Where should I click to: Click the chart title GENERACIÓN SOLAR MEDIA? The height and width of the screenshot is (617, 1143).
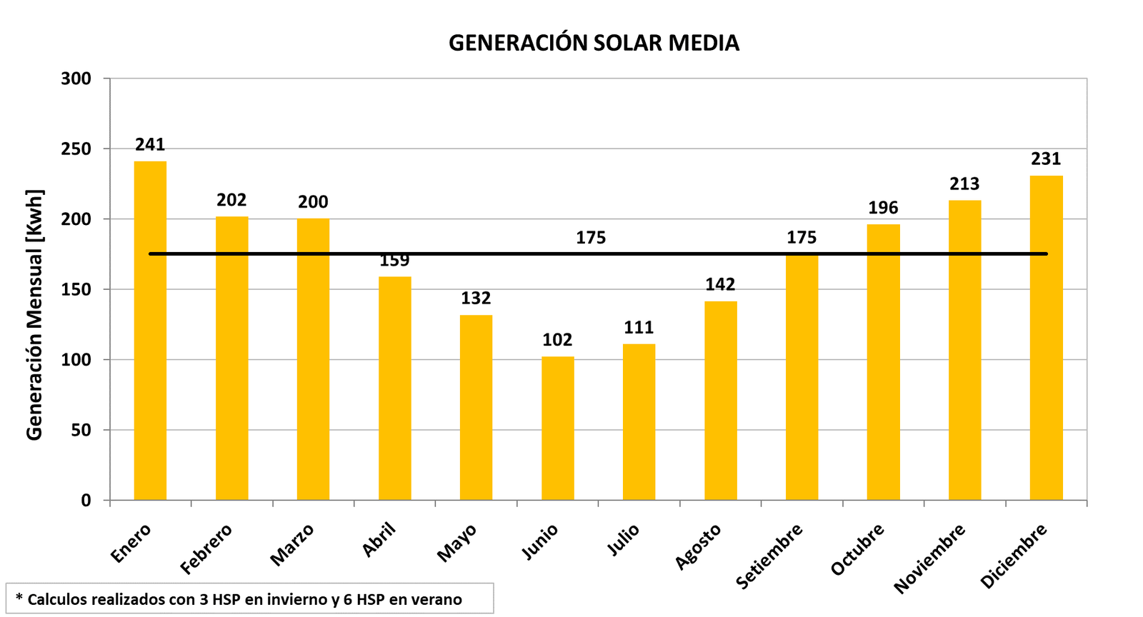(594, 43)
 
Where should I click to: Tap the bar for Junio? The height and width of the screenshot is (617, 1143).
(557, 428)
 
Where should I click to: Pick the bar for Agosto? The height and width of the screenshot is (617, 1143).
(720, 401)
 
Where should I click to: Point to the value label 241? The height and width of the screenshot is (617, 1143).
(150, 145)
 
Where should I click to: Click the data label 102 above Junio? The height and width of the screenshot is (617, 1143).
(557, 340)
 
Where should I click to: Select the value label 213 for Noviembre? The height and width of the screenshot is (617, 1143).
(964, 184)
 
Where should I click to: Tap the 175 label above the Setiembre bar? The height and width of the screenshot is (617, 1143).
(802, 238)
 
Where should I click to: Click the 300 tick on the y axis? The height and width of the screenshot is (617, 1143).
(76, 79)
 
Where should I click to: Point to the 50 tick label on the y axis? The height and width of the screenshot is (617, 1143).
(81, 430)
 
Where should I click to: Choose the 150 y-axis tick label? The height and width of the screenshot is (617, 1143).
(76, 289)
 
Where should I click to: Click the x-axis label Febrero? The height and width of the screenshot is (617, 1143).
(206, 549)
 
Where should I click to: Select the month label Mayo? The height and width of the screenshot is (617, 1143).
(457, 543)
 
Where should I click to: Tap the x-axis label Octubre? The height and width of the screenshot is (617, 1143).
(858, 549)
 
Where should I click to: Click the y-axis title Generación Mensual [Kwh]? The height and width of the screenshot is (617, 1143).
(34, 315)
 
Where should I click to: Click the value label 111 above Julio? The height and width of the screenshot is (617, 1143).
(639, 328)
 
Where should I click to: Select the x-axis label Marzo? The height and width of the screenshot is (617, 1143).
(292, 545)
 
